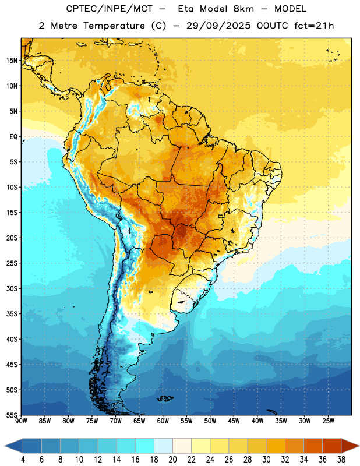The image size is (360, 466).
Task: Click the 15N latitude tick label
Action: [x=12, y=61]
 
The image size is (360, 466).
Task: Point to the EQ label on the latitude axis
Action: [x=13, y=137]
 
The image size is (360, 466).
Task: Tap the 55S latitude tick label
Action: [x=12, y=415]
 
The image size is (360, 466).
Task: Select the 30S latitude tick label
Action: [x=12, y=288]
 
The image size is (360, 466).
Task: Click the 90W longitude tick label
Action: [x=21, y=421]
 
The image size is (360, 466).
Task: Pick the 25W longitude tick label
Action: [x=328, y=421]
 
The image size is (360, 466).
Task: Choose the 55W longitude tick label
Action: [x=186, y=421]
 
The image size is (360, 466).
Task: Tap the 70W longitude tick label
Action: [x=116, y=421]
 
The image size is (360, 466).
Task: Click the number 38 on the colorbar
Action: [x=341, y=460]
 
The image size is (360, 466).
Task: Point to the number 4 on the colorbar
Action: [x=23, y=460]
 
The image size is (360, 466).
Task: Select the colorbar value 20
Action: [x=172, y=460]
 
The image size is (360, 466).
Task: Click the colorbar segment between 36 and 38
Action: [x=332, y=446]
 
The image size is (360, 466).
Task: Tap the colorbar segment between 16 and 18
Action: [x=145, y=446]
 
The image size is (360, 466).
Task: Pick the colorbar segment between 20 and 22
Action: [x=182, y=446]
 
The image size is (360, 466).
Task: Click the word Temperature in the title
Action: [x=114, y=26]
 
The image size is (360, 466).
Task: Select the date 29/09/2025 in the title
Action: [x=218, y=26]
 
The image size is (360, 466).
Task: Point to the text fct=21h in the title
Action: [x=314, y=26]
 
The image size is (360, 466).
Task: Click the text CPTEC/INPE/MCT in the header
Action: [x=110, y=9]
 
